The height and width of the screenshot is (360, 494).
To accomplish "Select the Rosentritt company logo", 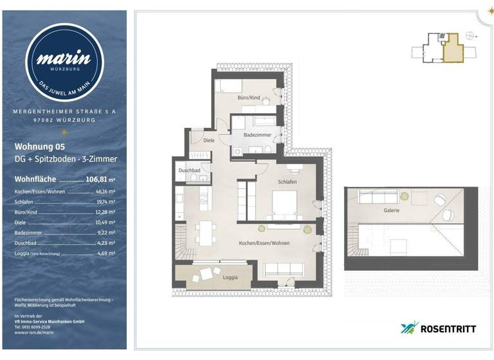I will tap(438, 328).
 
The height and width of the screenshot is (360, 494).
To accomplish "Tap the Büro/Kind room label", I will tap(249, 97).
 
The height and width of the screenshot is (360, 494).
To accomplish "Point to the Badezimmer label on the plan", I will tap(257, 135).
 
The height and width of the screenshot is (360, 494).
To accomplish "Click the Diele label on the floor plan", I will tap(208, 139).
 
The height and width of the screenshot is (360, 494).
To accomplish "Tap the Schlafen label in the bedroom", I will tap(287, 182).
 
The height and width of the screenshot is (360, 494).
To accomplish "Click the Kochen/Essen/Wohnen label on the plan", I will tap(264, 243).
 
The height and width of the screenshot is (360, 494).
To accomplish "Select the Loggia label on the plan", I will tap(229, 277).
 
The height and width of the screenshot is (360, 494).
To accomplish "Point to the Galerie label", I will tap(392, 210).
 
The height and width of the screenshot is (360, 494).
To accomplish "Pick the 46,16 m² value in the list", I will tap(105, 192).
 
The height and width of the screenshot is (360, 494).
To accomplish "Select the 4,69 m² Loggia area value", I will tap(107, 253).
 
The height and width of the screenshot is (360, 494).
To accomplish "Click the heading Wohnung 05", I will tap(40, 146).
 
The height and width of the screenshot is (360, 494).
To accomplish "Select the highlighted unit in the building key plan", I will tap(455, 49).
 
